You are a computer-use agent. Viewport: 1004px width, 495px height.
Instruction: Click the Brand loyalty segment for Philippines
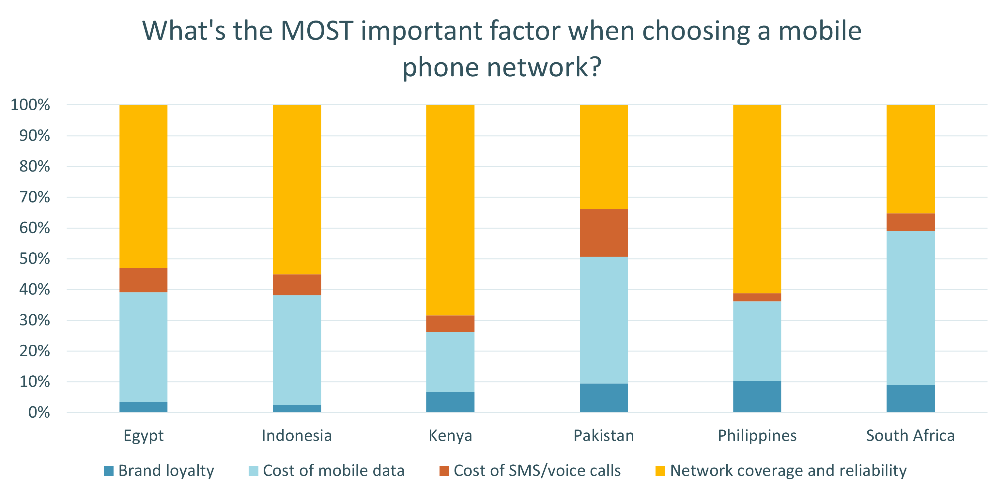click(757, 397)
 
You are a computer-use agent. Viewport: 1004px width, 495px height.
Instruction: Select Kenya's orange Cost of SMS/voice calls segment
click(450, 323)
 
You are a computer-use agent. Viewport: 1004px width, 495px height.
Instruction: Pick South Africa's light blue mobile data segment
click(910, 308)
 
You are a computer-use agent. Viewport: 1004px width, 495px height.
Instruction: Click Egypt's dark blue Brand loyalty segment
click(144, 407)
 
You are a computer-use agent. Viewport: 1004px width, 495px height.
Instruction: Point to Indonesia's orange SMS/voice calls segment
click(297, 285)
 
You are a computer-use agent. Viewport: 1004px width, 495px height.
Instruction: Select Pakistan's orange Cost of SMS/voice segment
click(604, 233)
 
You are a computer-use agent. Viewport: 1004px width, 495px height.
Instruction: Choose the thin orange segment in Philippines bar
click(757, 297)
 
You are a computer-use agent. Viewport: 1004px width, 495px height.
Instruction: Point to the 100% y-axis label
click(30, 105)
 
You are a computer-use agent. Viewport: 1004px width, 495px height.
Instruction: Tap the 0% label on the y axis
click(39, 412)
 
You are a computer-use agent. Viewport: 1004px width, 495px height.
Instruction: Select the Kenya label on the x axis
click(450, 435)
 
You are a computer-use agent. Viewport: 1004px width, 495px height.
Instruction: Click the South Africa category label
click(910, 435)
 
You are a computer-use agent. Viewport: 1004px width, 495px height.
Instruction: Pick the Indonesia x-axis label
click(297, 435)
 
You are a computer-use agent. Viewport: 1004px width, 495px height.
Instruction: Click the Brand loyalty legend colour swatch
click(109, 471)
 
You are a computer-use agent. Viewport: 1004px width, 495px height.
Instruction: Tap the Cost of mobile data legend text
click(333, 471)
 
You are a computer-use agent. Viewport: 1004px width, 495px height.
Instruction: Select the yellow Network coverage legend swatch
click(660, 471)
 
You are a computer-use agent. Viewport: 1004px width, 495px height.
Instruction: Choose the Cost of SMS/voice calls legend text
click(537, 471)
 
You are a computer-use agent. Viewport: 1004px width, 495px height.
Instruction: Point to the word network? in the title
click(544, 67)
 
